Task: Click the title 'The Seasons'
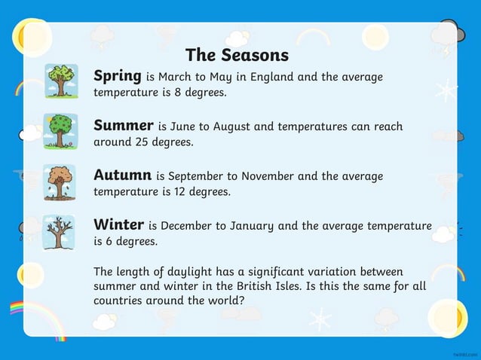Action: click(x=237, y=55)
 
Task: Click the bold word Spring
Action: click(x=118, y=76)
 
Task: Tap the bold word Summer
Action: click(x=124, y=125)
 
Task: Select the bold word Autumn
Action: click(x=123, y=175)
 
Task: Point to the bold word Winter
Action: click(x=119, y=224)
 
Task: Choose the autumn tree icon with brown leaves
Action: click(x=58, y=181)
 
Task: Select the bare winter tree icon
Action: click(x=58, y=231)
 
